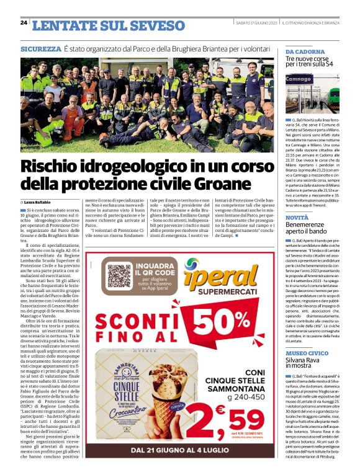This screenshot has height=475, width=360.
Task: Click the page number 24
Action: (24, 23)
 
